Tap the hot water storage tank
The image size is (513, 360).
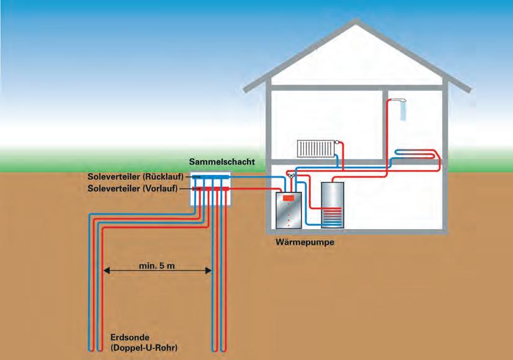click(334, 204)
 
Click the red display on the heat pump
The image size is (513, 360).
click(288, 199)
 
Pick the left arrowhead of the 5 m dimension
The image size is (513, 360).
click(106, 270)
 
